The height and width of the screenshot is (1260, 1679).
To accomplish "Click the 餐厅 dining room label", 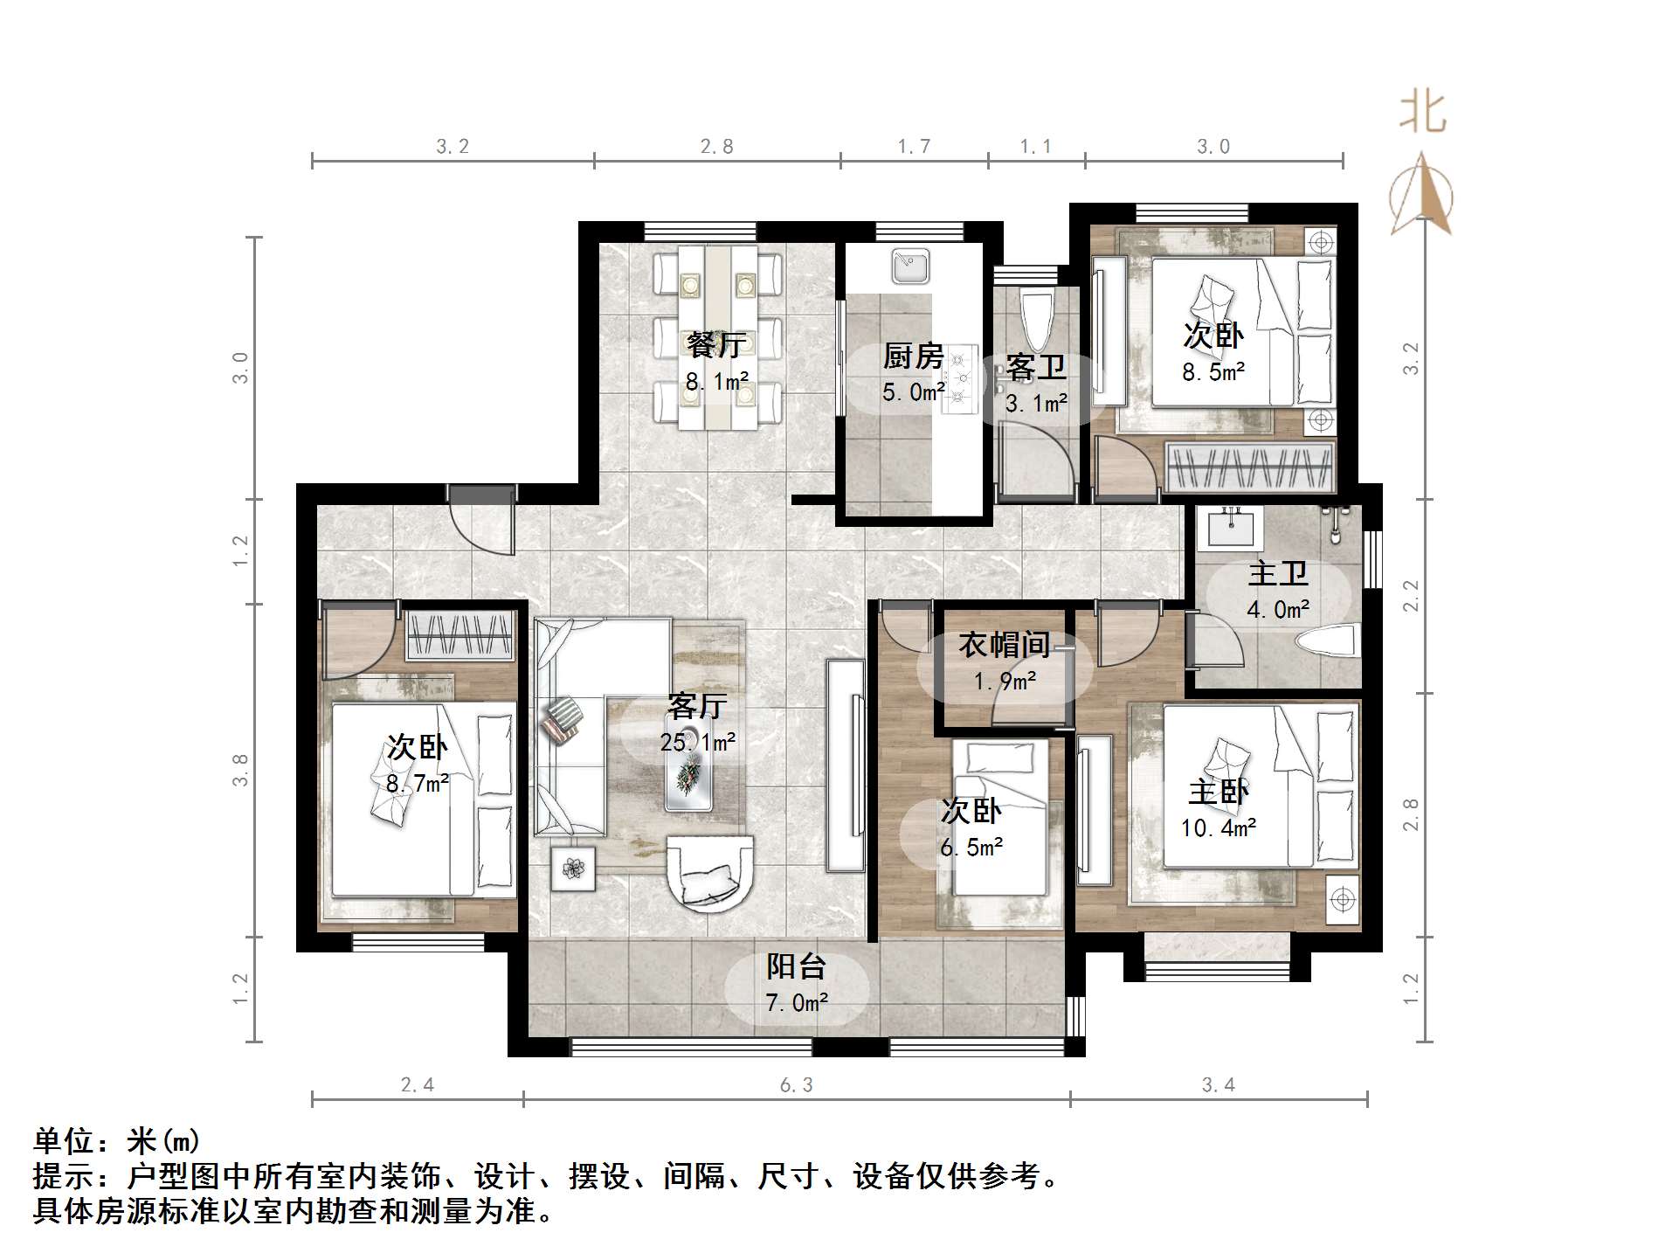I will [715, 345].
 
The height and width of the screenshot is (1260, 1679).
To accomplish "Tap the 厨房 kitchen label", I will [913, 356].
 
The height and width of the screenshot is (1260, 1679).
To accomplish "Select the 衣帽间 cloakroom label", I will [1004, 645].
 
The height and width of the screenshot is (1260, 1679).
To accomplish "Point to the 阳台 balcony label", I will [796, 966].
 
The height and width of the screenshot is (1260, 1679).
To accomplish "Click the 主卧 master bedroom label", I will [1219, 792].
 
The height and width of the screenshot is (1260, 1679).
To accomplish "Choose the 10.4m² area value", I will [1219, 827].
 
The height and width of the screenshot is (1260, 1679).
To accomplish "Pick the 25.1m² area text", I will [697, 742].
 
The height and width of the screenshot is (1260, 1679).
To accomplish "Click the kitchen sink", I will [911, 266].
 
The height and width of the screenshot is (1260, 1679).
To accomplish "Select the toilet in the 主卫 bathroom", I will [1328, 642].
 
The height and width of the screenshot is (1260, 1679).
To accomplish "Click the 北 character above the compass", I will [1422, 112].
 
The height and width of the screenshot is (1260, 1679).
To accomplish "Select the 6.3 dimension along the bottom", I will [796, 1085].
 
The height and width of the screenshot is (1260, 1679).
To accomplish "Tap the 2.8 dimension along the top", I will [716, 147].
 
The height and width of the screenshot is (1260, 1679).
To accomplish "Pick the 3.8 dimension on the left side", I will [240, 770].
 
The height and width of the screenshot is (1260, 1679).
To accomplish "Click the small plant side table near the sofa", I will [573, 869].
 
